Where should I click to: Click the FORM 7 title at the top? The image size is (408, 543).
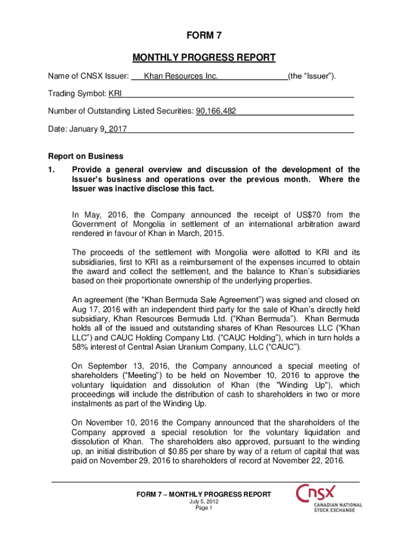[204, 36]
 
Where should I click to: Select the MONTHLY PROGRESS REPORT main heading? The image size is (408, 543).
[204, 57]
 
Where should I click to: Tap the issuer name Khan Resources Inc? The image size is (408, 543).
[181, 77]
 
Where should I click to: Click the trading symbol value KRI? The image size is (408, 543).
[115, 94]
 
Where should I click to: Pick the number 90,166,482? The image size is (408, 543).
[216, 111]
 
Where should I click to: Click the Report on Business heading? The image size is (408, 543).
[86, 156]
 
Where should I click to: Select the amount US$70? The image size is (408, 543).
[318, 215]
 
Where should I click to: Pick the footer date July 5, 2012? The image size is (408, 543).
[204, 502]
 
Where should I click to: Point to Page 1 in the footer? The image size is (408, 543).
[204, 508]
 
